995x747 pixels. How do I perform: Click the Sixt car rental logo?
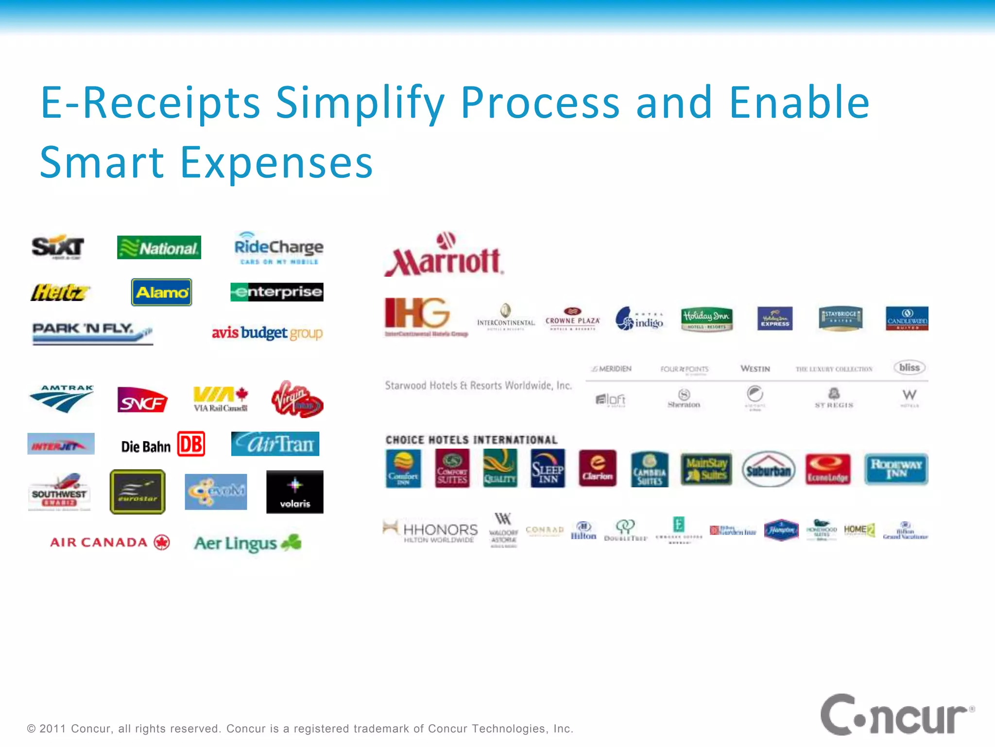tap(57, 247)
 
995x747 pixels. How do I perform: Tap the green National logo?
tap(159, 248)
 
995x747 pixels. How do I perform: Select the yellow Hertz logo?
tap(60, 292)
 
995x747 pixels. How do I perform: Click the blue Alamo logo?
tap(162, 292)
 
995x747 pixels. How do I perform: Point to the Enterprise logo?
tap(277, 292)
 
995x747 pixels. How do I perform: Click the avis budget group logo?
tap(267, 333)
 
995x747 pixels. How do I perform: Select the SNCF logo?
tap(142, 400)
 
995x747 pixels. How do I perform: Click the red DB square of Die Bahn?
tap(191, 444)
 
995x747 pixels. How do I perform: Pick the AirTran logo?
tap(275, 444)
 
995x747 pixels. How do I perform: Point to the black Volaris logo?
tap(294, 492)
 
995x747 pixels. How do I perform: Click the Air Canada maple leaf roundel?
tap(162, 542)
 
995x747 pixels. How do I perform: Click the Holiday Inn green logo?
tap(706, 319)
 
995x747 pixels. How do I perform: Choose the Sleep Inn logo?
tap(548, 468)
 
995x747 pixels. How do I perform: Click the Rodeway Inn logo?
tap(896, 469)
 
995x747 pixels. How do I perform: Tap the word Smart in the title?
tap(102, 162)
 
